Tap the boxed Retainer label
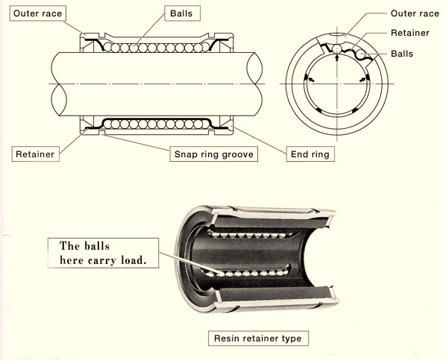[x=35, y=154]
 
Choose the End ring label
[x=307, y=154]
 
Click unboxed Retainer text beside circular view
[x=409, y=34]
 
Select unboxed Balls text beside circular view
[x=405, y=54]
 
